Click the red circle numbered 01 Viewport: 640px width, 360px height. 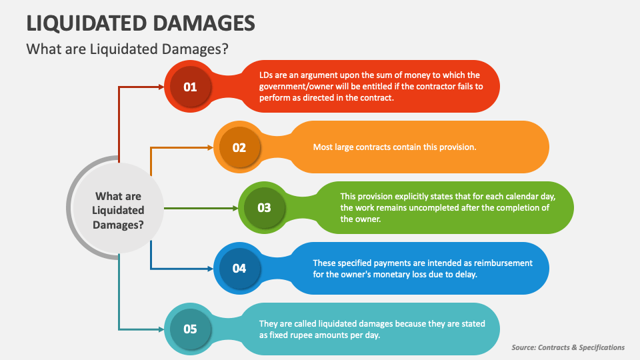[190, 87]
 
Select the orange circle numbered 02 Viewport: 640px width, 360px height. [239, 147]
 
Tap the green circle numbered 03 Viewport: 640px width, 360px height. [264, 208]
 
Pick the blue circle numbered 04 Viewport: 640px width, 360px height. [239, 268]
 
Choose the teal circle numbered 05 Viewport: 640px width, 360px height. [190, 329]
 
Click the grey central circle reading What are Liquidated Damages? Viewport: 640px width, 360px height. [119, 208]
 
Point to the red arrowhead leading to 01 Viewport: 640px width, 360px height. [161, 87]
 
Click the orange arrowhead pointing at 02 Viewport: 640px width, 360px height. [211, 147]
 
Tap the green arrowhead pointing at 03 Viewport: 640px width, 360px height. [235, 208]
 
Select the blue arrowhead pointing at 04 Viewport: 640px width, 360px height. [211, 269]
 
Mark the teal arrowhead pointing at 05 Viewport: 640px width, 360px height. [161, 329]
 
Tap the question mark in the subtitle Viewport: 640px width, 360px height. [225, 49]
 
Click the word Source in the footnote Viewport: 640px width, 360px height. [523, 347]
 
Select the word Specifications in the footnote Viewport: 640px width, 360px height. [601, 348]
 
